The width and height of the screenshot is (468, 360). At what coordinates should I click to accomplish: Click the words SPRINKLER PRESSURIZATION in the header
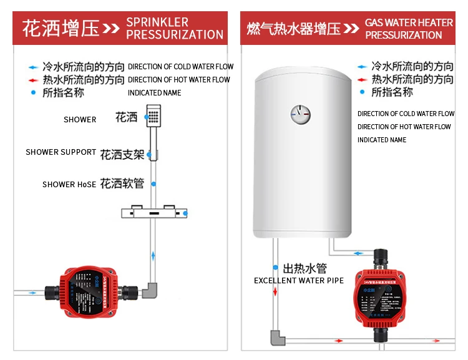(x=174, y=28)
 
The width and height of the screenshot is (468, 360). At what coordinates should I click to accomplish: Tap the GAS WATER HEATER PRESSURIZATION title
(x=409, y=28)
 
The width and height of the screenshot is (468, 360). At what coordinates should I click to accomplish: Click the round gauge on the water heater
(x=300, y=114)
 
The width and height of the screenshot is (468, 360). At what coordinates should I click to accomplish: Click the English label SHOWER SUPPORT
(x=61, y=152)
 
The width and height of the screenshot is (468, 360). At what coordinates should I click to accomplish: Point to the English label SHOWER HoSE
(x=69, y=185)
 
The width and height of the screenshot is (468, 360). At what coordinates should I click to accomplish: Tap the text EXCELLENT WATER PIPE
(x=298, y=281)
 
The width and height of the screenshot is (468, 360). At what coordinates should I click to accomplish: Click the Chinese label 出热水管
(x=305, y=268)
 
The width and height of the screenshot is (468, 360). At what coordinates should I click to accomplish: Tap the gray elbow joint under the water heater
(x=275, y=338)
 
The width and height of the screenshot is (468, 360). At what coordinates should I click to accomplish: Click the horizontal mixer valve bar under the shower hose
(x=154, y=213)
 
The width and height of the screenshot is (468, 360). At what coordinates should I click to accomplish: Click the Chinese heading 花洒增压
(x=61, y=29)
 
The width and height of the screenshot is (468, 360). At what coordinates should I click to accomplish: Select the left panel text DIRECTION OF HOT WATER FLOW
(x=179, y=80)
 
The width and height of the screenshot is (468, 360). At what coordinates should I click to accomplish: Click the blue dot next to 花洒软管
(x=154, y=184)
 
